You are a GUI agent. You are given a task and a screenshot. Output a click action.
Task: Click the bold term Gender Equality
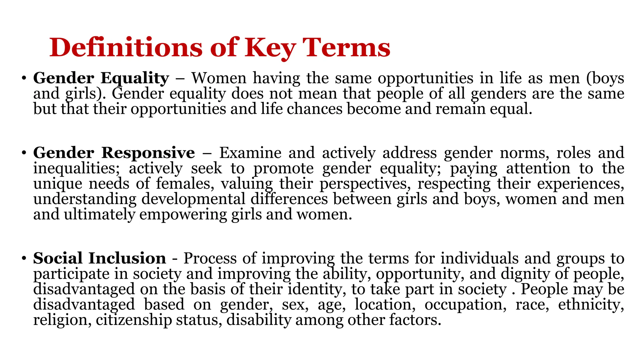click(101, 78)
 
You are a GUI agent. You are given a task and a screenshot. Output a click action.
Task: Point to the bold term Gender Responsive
click(114, 153)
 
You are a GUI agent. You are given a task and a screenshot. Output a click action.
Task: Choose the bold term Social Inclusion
click(99, 258)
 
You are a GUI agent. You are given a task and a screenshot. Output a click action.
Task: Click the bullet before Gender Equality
click(24, 78)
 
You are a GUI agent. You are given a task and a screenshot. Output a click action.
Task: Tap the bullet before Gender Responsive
click(24, 153)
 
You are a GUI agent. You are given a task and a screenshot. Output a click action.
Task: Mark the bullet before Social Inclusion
click(24, 258)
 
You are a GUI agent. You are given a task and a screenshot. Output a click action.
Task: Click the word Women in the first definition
click(219, 78)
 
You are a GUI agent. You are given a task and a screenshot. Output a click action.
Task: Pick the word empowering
click(183, 215)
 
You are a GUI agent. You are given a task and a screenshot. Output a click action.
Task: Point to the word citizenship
click(134, 320)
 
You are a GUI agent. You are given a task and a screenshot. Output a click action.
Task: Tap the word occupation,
click(465, 304)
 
